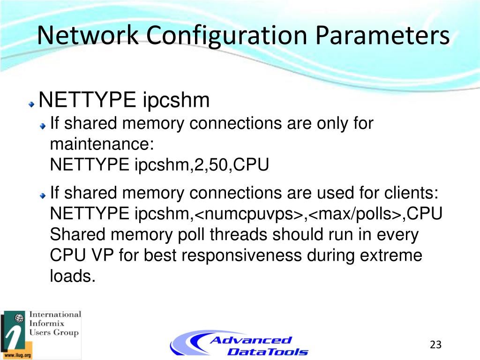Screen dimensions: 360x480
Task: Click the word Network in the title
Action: [88, 36]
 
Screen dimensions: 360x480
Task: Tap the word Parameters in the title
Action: [382, 36]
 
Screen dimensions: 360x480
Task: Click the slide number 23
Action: [435, 345]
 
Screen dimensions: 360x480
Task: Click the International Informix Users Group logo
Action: [41, 334]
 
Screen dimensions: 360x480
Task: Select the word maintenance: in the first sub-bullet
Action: [102, 144]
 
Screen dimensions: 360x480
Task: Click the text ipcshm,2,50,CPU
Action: [202, 165]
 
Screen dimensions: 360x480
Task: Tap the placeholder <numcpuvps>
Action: [248, 214]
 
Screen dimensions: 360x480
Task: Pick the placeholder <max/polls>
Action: [355, 214]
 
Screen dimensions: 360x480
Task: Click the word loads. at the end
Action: [73, 276]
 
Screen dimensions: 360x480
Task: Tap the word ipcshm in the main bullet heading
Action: [176, 99]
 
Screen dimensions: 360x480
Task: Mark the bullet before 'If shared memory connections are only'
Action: [43, 126]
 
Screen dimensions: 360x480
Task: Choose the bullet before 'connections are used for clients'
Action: [43, 194]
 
